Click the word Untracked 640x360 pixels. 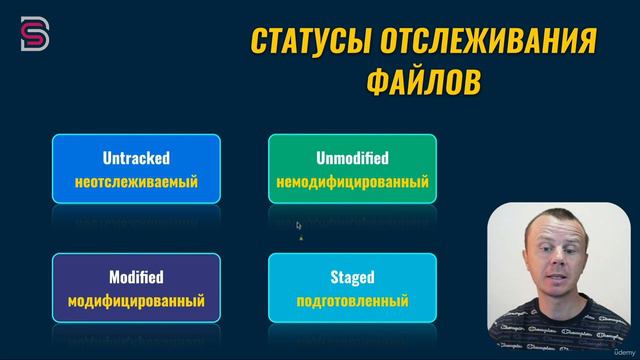pyautogui.click(x=136, y=158)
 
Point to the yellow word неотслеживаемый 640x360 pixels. pyautogui.click(x=136, y=183)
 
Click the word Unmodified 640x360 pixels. pyautogui.click(x=352, y=158)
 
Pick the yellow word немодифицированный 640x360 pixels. pyautogui.click(x=352, y=183)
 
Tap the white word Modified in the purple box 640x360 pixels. pyautogui.click(x=136, y=277)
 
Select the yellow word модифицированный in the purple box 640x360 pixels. pyautogui.click(x=136, y=301)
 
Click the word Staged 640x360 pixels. pyautogui.click(x=352, y=277)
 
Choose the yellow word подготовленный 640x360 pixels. pyautogui.click(x=352, y=301)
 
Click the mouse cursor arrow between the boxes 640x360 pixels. pyautogui.click(x=298, y=225)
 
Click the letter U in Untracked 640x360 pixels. pyautogui.click(x=107, y=158)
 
